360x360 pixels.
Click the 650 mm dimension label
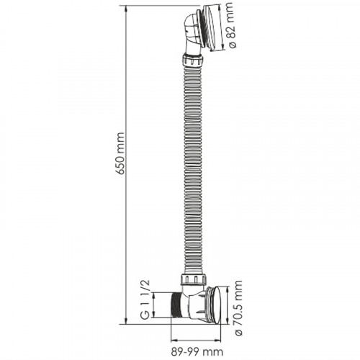(120, 153)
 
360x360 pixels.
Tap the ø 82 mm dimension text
(231, 25)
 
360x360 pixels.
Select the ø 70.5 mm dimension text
(238, 308)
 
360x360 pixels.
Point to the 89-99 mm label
(197, 352)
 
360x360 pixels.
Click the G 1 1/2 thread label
(145, 300)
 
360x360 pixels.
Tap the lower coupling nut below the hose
(194, 279)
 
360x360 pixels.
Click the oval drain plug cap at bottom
(216, 305)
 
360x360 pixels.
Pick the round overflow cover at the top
(212, 27)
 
